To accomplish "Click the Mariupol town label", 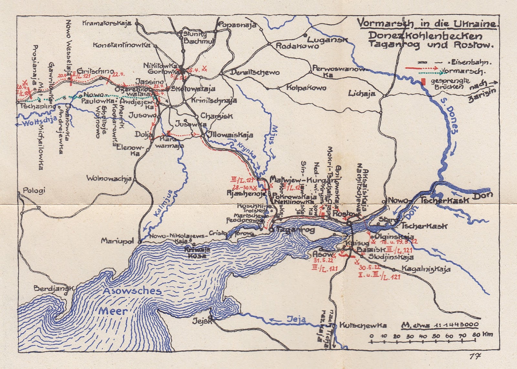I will click(117, 241).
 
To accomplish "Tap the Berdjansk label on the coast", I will click(53, 288).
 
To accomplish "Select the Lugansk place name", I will click(327, 40).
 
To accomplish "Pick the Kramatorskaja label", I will click(107, 23).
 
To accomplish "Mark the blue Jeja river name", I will click(296, 320).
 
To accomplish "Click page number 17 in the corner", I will click(475, 356).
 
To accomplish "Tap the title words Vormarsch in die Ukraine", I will click(427, 24).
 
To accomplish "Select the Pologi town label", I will click(34, 190).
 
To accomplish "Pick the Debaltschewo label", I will click(255, 72).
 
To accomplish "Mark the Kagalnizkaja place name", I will click(426, 269).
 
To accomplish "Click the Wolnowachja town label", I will click(109, 178).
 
